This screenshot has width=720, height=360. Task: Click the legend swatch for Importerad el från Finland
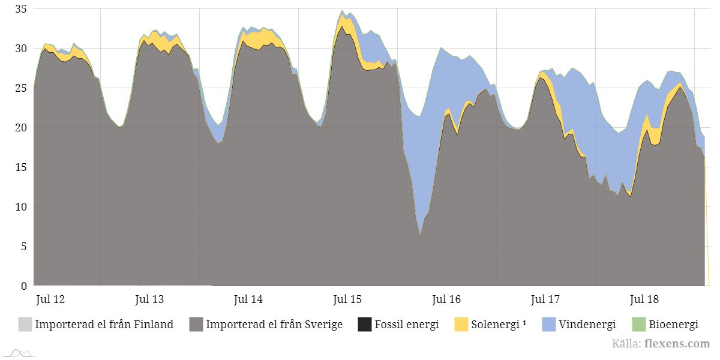(25, 325)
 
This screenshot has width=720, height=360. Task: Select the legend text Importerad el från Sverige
(274, 325)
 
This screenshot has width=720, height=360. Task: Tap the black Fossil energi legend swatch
(364, 325)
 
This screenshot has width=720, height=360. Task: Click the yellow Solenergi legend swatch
(461, 325)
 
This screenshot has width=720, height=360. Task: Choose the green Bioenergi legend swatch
(638, 325)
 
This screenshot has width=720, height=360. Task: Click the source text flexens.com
(677, 344)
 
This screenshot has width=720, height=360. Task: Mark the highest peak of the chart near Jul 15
(342, 11)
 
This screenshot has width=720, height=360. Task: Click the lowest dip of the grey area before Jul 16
(420, 235)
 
